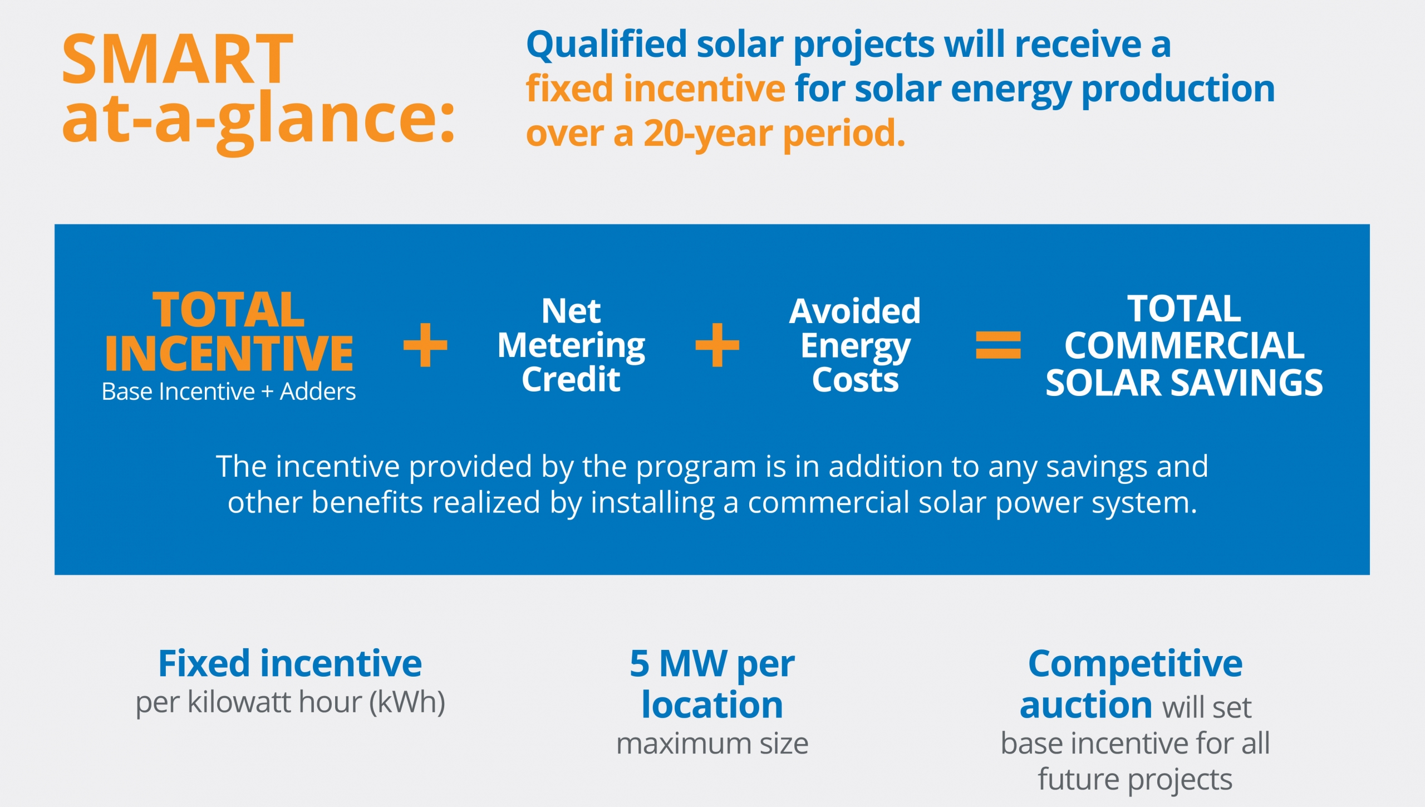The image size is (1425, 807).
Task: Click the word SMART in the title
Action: point(178,59)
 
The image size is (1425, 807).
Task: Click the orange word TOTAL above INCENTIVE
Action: point(229,310)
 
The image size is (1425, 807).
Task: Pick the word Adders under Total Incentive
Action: point(318,392)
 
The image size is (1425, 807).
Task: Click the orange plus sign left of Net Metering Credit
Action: point(425,345)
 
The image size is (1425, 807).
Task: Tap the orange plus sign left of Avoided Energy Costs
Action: point(718,345)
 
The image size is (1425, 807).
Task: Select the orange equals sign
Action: point(999,345)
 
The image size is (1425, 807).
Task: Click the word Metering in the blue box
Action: point(571,346)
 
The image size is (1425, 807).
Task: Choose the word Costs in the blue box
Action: point(856,380)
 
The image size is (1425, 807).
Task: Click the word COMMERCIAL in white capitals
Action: point(1185,346)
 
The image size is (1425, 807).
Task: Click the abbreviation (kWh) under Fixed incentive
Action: point(407,702)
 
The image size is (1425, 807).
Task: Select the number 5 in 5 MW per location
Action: point(640,663)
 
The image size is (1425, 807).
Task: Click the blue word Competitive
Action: point(1136,664)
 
